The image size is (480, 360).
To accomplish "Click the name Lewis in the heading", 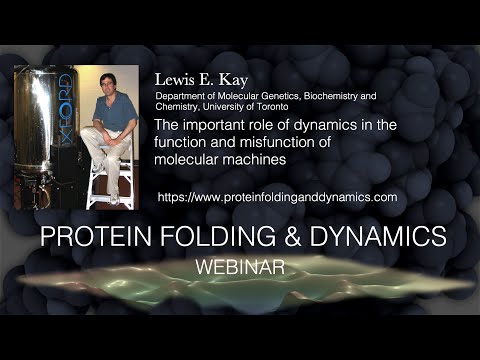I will [173, 79].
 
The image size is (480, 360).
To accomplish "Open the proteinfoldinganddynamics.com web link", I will [277, 197].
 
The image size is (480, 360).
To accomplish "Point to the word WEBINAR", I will [239, 269].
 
